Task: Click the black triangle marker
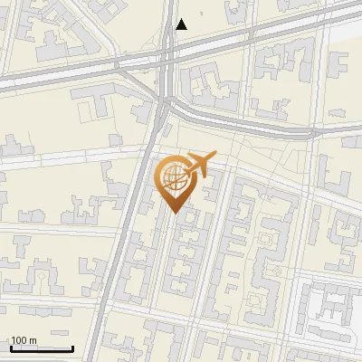click(182, 24)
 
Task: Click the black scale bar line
click(42, 348)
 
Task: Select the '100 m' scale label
click(24, 340)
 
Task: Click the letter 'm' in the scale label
click(34, 340)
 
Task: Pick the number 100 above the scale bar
click(20, 340)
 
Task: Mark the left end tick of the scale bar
click(11, 348)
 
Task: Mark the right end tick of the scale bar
click(73, 348)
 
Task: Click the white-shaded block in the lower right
click(330, 312)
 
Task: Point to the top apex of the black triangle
click(182, 19)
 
